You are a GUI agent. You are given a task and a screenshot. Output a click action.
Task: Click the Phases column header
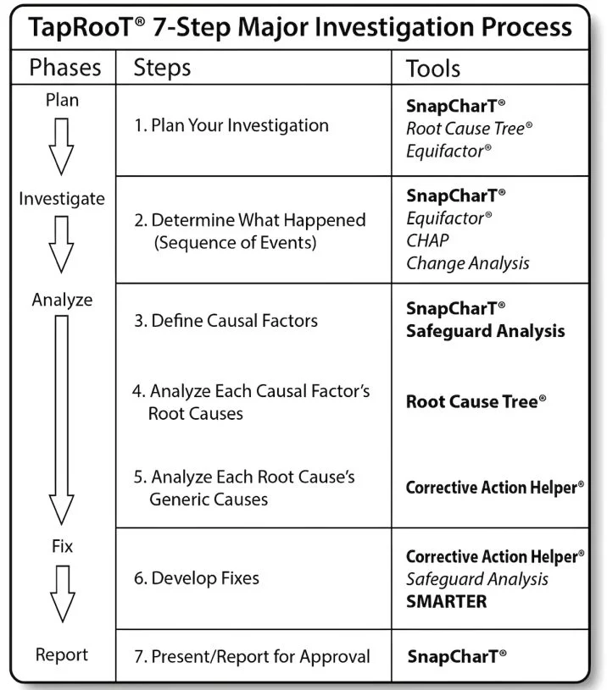click(x=65, y=68)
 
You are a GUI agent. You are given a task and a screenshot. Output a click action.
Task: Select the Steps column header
click(x=162, y=68)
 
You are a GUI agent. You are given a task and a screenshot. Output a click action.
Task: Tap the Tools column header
click(x=433, y=68)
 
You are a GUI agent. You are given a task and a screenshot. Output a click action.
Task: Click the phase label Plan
click(x=63, y=100)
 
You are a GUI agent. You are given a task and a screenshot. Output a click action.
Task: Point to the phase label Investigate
click(x=63, y=199)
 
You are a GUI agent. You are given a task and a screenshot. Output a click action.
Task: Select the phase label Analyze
click(x=63, y=300)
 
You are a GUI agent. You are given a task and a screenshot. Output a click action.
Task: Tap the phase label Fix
click(x=63, y=547)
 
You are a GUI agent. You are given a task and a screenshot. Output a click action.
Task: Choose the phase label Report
click(x=62, y=654)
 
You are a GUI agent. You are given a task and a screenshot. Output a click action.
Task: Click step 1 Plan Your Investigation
click(x=231, y=125)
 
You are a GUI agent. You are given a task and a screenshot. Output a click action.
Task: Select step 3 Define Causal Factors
click(x=226, y=321)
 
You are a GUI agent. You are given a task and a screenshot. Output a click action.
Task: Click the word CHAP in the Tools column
click(x=428, y=240)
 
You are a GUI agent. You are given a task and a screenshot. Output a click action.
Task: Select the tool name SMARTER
click(x=446, y=601)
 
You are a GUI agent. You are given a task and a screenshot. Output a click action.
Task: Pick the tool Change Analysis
click(x=467, y=262)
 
